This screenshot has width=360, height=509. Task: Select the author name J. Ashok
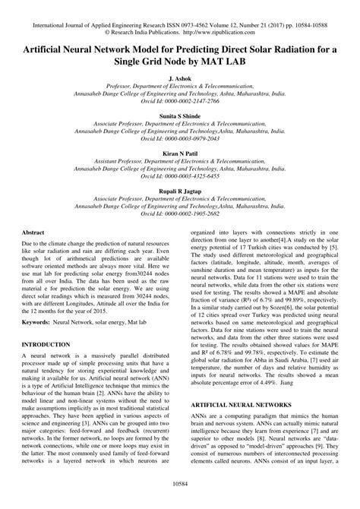tap(180, 78)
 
